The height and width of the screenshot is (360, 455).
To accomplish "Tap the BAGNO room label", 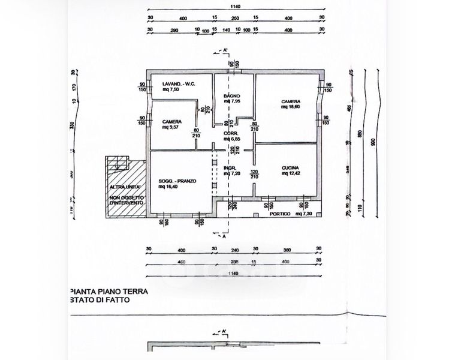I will point(231,96).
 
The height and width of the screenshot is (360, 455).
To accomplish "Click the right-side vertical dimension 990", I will point(372,142).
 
